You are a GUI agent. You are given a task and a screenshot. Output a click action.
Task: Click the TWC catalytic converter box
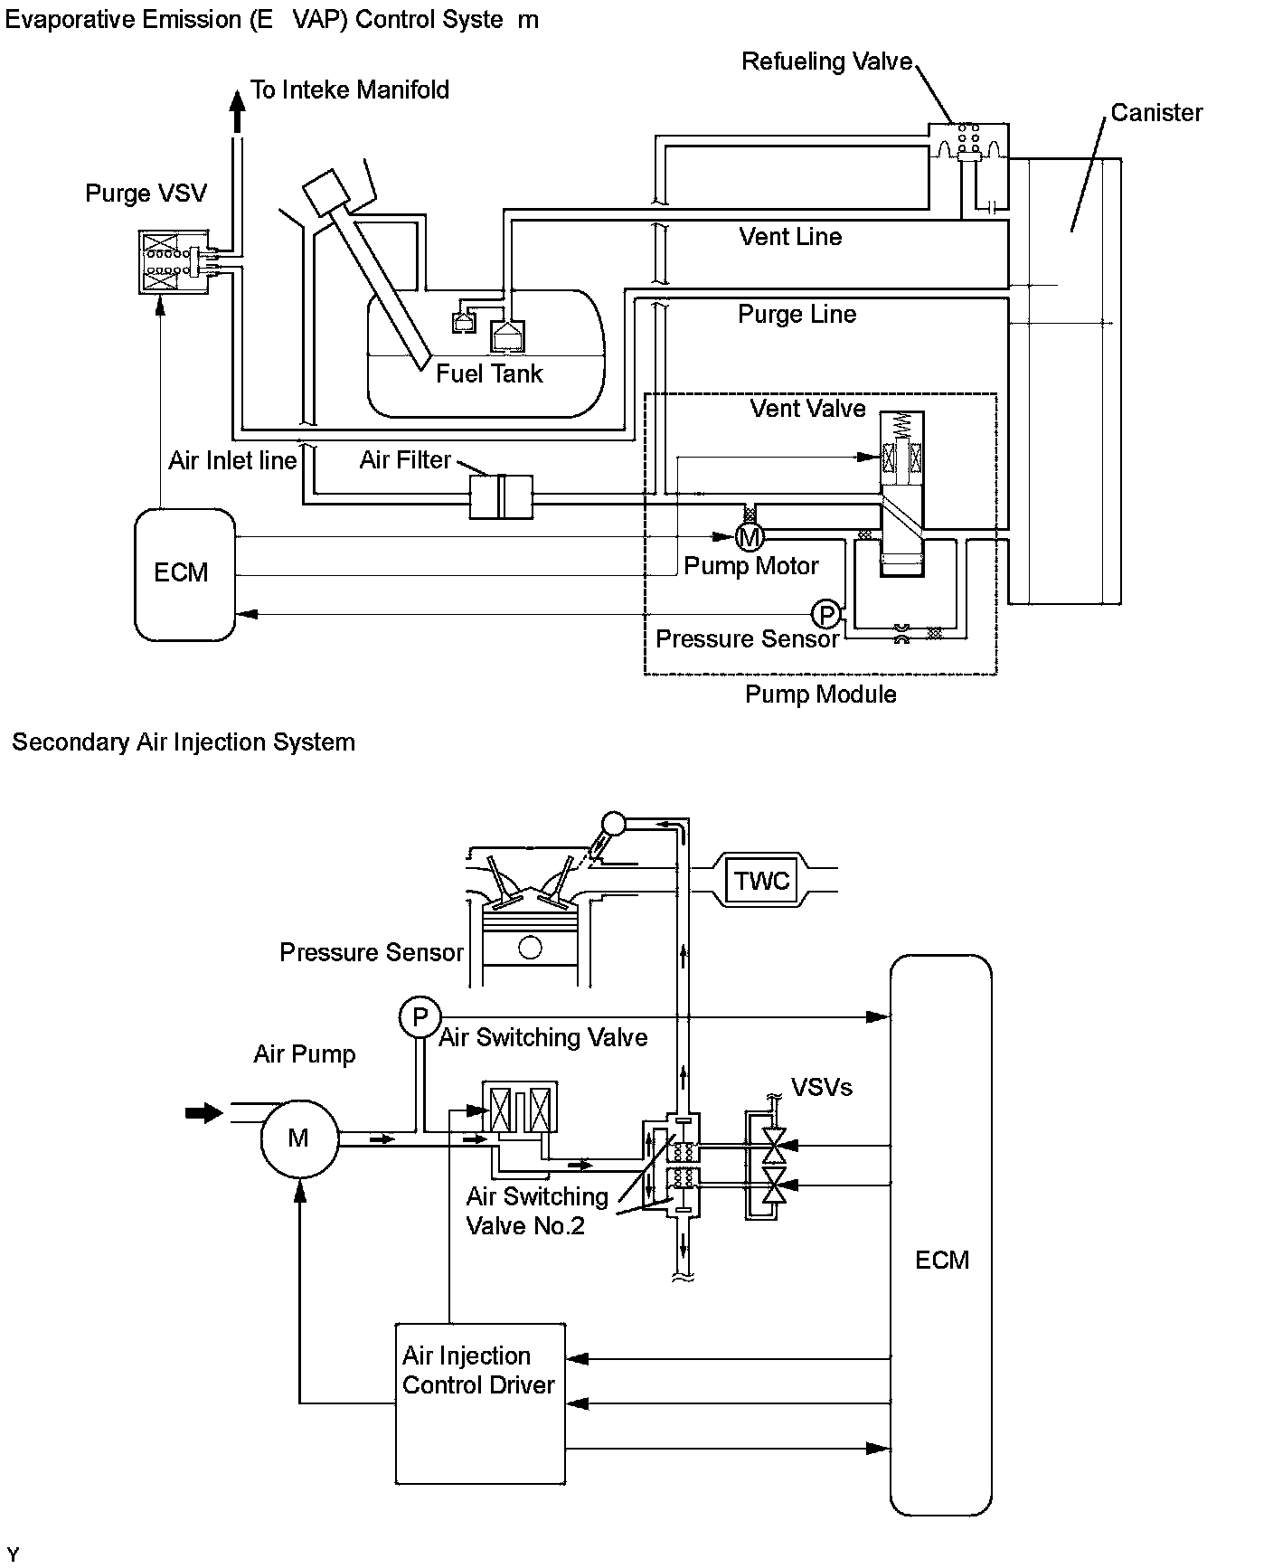[761, 880]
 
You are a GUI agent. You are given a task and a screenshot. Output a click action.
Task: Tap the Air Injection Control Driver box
[480, 1404]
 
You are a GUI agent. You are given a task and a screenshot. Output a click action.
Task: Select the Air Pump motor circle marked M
[299, 1138]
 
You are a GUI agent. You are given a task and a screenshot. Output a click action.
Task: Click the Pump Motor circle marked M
[749, 537]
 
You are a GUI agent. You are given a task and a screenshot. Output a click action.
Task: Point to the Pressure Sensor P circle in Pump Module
[825, 615]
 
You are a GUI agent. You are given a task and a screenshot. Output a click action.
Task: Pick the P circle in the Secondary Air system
[420, 1017]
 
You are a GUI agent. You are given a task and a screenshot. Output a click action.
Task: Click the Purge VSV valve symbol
[174, 261]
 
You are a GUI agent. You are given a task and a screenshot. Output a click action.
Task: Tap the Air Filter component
[501, 496]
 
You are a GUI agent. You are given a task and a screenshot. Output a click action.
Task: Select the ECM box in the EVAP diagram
[184, 573]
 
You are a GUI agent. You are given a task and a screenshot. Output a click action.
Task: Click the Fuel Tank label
[489, 373]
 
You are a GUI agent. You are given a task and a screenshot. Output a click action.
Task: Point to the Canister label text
[1156, 113]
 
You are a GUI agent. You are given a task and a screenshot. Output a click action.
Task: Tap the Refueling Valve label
[826, 61]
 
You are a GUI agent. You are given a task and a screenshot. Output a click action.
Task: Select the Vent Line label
[790, 237]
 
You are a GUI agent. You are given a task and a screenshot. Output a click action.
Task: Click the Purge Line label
[797, 315]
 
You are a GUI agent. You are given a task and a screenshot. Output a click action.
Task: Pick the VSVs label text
[821, 1087]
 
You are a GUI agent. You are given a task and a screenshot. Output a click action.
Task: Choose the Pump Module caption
[820, 694]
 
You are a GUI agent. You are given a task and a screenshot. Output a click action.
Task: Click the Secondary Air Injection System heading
[184, 742]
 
